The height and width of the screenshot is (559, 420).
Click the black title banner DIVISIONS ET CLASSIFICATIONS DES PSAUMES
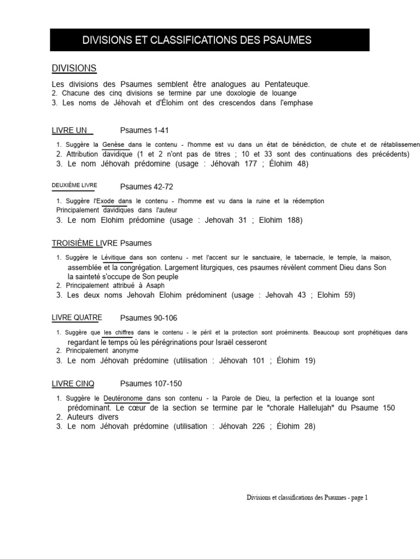210,40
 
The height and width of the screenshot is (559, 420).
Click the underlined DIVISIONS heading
74,68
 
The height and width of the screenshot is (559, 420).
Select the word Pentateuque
288,84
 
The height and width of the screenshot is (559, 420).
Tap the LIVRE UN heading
70,130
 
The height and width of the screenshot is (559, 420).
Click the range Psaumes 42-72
147,187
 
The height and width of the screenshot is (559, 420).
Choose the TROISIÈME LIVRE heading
85,243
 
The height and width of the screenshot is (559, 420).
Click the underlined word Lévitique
114,257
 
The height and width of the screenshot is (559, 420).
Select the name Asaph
155,285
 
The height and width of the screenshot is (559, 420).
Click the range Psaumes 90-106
149,318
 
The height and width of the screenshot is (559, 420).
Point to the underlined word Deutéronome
126,399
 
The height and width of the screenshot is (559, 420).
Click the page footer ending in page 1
307,498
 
